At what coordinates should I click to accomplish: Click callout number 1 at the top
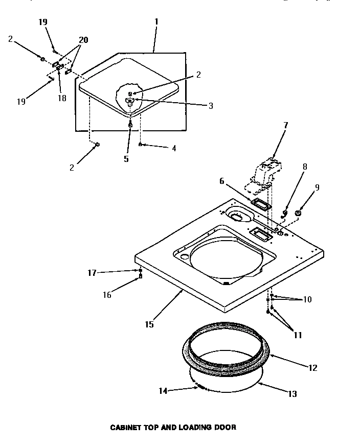coord(156,22)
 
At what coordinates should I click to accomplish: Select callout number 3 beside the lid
coord(211,106)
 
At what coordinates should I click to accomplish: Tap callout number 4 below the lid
coord(174,148)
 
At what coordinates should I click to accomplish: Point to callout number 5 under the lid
coord(126,158)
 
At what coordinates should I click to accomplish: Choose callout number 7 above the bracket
coord(286,125)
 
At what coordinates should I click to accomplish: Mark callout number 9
coord(318,187)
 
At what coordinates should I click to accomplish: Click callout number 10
coord(307,299)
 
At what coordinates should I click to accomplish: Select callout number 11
coord(298,335)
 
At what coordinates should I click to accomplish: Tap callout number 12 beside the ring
coord(313,367)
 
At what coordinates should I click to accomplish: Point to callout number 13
coord(292,394)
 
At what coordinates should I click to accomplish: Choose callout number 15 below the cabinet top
coord(149,324)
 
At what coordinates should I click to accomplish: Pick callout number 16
coord(107,294)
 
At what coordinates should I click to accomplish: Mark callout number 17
coord(93,273)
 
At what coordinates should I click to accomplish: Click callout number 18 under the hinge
coord(62,98)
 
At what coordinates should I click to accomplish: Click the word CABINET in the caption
coord(126,427)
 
